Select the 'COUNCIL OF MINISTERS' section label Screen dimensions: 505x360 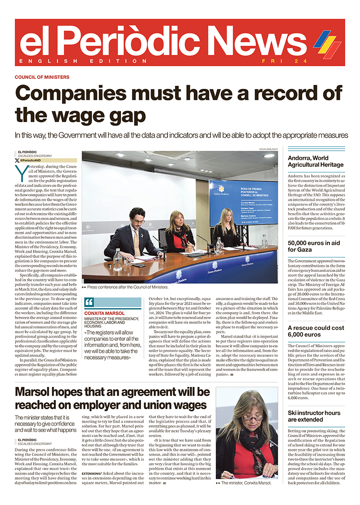click(42, 77)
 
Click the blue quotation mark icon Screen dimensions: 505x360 click(89, 302)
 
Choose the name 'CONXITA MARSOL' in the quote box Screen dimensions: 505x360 click(104, 313)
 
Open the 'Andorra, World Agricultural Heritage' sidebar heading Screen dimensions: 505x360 click(316, 161)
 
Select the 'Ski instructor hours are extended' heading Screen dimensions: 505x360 click(314, 416)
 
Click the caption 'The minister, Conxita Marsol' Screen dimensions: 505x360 click(246, 483)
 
